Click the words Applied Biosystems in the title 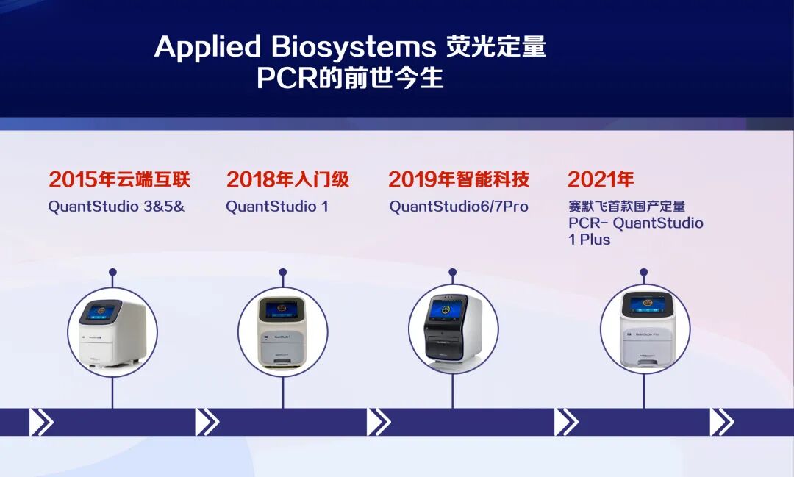(x=296, y=47)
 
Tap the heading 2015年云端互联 (x=120, y=179)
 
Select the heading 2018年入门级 (x=287, y=179)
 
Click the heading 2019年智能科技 (x=459, y=179)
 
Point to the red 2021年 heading (x=601, y=179)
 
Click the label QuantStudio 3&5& (x=116, y=207)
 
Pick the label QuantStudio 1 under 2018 (x=277, y=207)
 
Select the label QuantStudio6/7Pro (x=459, y=207)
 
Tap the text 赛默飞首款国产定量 (x=627, y=206)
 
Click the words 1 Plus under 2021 (x=590, y=240)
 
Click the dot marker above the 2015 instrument (x=112, y=273)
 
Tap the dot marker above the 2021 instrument (x=643, y=273)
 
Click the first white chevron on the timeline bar (x=41, y=422)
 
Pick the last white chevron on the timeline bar (x=722, y=422)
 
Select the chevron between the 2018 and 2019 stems (x=379, y=422)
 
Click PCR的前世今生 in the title (x=350, y=78)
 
